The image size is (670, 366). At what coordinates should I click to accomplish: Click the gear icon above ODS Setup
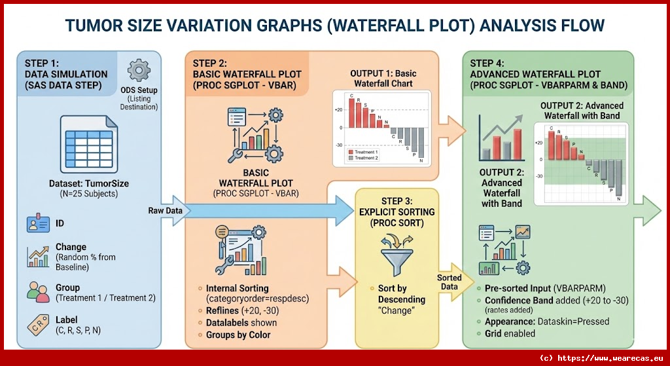click(x=138, y=69)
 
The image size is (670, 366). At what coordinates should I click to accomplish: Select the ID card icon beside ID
click(x=38, y=224)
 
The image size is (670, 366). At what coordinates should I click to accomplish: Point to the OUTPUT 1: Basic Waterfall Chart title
click(x=383, y=79)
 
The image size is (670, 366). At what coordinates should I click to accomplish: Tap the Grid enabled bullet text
click(x=510, y=333)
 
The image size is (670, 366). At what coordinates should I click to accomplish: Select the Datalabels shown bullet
click(x=241, y=322)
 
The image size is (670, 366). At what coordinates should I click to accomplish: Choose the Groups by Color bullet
click(x=238, y=335)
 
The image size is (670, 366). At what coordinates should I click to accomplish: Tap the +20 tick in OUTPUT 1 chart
click(x=338, y=109)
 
